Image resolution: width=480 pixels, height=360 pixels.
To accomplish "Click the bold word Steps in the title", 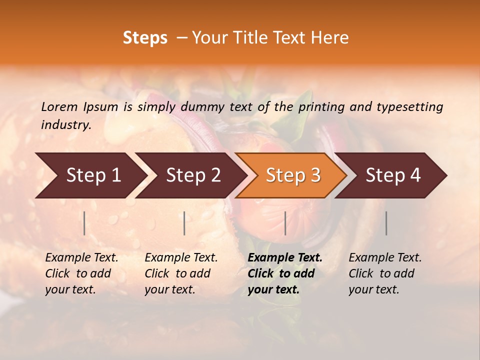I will [x=145, y=38].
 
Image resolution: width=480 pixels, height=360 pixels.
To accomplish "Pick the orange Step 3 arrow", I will [x=293, y=175].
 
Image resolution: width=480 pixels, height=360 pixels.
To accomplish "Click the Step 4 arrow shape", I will [x=393, y=175].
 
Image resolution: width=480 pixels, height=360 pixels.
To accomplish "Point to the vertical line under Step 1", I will [x=84, y=223].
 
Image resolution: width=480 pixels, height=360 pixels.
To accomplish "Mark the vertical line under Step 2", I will [x=184, y=223].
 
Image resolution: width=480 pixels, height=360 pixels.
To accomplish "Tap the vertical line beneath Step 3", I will [x=285, y=223].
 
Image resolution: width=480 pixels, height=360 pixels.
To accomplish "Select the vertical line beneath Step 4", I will [x=386, y=223].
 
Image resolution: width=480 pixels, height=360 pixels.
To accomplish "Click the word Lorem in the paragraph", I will [x=59, y=106].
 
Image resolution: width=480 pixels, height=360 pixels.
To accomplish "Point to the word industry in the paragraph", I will [x=65, y=124].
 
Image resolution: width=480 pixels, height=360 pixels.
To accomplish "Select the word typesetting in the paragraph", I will [x=409, y=106].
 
